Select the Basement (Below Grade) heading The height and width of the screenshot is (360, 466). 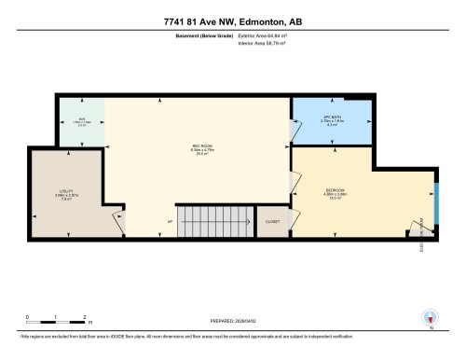click(204, 34)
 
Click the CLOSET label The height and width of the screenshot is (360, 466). click(272, 222)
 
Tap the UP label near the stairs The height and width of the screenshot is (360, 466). click(170, 221)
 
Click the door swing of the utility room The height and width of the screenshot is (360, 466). click(118, 223)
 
